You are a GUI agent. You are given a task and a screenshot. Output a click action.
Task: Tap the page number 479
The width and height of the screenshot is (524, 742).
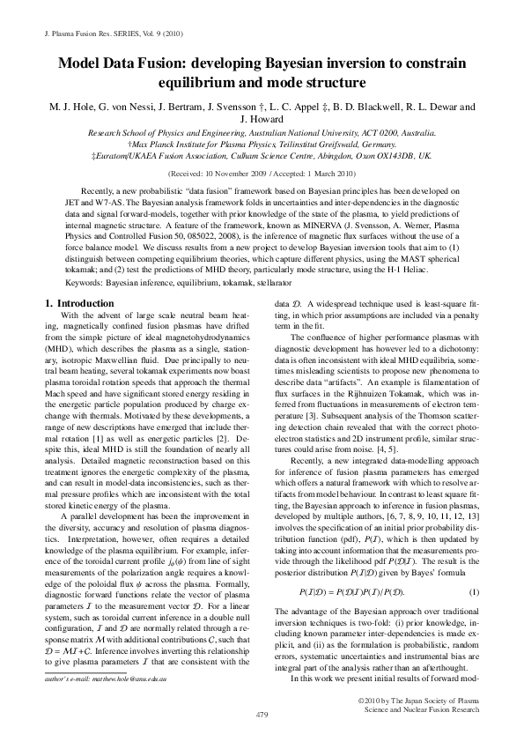(262, 711)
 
